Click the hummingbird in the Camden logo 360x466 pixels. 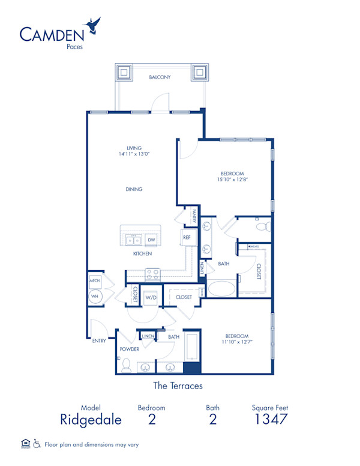coord(93,25)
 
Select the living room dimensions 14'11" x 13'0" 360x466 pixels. coord(134,154)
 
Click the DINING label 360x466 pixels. coord(134,189)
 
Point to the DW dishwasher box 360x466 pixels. coord(151,240)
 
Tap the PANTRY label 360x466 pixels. coord(194,216)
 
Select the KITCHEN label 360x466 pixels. coord(142,254)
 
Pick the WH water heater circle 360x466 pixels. coord(94,297)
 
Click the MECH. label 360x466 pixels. coord(94,280)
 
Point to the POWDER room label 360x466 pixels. coord(130,349)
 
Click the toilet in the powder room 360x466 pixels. coord(126,365)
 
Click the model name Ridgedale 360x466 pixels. coord(91,420)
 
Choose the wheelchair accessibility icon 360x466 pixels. coord(37,444)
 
